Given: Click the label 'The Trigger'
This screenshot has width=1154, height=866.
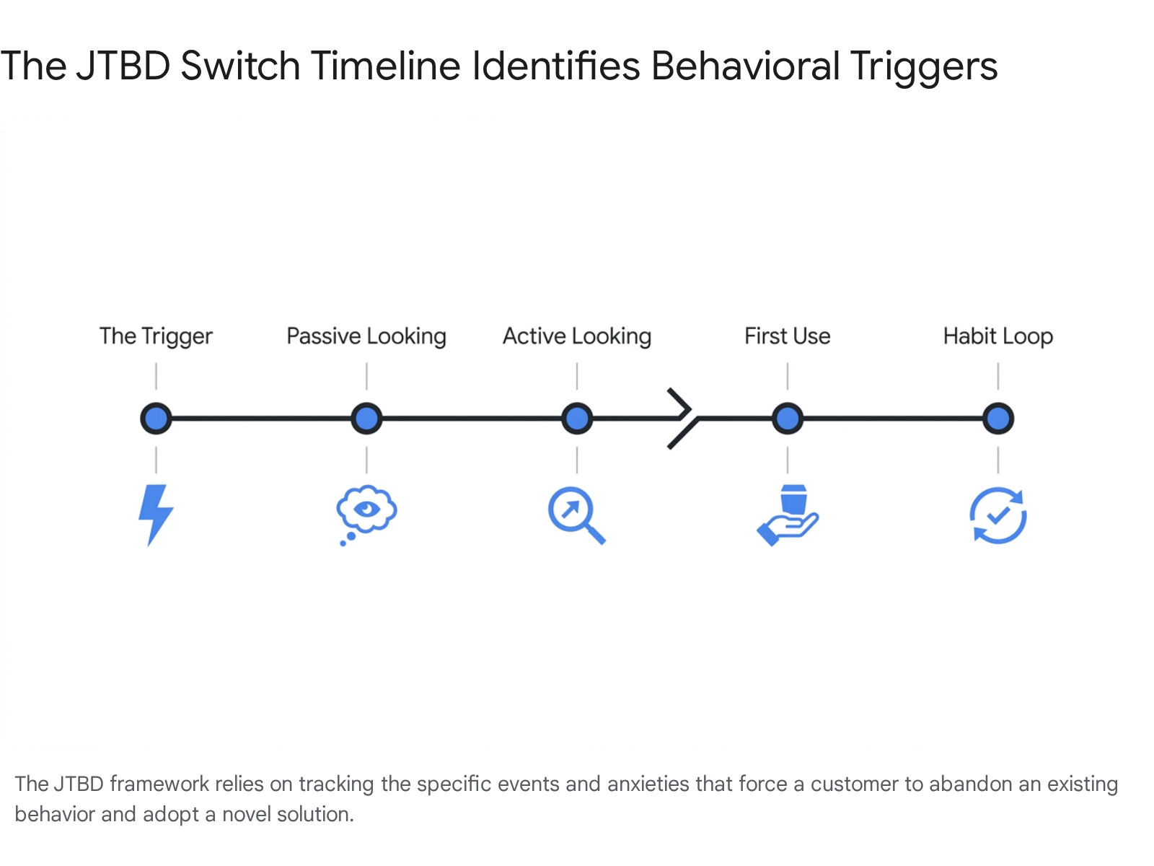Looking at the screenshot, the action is click(156, 336).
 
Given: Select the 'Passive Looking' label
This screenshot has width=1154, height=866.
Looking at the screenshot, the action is click(366, 336).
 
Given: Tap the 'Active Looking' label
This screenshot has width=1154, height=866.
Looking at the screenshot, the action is click(577, 336).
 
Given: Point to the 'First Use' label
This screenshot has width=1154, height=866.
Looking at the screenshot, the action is click(787, 336).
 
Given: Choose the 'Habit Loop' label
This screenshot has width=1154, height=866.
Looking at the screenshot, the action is click(998, 336).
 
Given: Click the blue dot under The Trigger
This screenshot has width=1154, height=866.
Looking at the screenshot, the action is click(156, 419).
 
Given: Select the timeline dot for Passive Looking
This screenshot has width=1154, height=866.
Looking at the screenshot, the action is click(366, 419).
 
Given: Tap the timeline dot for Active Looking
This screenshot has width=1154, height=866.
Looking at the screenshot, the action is click(577, 419).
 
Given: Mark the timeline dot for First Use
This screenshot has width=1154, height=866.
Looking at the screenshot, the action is click(787, 419).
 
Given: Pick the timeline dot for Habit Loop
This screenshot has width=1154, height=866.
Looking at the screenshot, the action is click(998, 419).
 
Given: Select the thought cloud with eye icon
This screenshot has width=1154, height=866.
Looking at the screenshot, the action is click(366, 515).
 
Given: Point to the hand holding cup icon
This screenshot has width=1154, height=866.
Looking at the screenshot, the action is click(786, 515).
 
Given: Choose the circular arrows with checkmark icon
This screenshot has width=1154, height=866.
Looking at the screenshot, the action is click(998, 515).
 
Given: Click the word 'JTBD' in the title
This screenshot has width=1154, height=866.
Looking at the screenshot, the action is click(123, 66).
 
